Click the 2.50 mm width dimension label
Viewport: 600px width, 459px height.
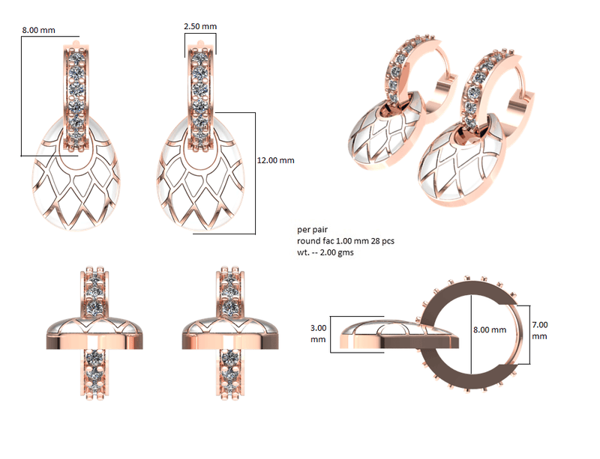click(199, 26)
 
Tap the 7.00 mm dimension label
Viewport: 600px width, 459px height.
click(540, 330)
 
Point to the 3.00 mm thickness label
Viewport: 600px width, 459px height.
click(319, 333)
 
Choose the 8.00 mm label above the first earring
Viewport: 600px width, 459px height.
click(39, 29)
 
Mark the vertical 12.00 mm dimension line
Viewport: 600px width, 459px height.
click(256, 172)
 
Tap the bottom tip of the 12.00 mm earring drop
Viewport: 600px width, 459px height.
click(201, 228)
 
